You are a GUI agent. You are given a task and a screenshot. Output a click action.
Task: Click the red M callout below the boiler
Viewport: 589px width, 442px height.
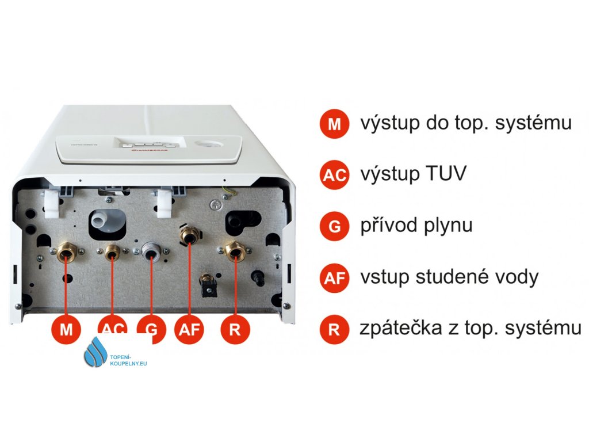tap(67, 330)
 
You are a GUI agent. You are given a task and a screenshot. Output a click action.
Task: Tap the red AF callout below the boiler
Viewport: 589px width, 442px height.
tap(190, 330)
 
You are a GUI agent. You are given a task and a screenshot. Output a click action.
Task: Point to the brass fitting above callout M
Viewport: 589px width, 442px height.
tap(66, 252)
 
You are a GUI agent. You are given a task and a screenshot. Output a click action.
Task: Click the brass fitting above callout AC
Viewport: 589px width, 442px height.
tap(112, 250)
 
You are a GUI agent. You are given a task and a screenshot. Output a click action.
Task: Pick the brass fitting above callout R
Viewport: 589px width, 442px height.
tap(235, 250)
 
